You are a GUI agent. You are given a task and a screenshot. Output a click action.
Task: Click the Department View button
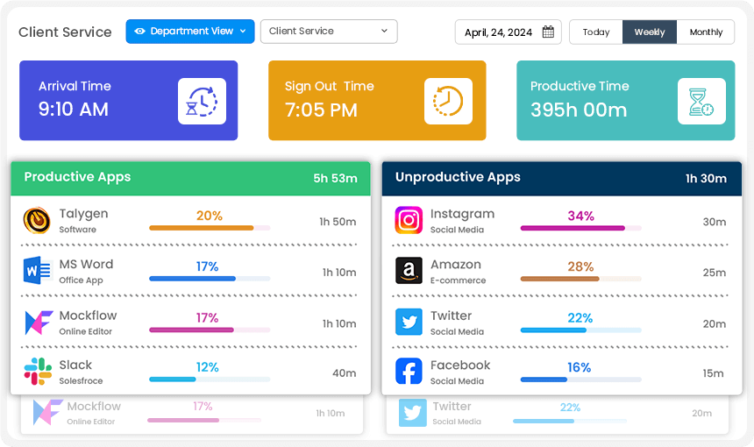coord(190,32)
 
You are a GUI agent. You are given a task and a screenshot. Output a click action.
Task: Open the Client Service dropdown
coord(329,32)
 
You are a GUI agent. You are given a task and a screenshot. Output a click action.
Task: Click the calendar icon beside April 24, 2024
coord(548,32)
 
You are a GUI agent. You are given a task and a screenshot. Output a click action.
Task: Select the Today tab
coord(596,32)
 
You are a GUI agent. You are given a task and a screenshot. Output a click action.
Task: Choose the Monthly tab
coord(706,32)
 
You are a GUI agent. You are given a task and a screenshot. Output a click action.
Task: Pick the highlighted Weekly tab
coord(650,32)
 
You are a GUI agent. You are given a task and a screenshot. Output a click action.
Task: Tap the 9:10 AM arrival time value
coord(74,110)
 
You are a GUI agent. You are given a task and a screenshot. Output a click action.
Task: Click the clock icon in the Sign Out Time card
coord(448,101)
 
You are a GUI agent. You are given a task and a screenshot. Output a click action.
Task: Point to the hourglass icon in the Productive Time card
coord(701,101)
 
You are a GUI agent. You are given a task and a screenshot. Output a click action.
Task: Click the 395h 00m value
coord(579,110)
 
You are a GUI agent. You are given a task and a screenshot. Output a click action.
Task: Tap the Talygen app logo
coord(37,221)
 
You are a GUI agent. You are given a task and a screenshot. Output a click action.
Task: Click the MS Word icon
coord(37,271)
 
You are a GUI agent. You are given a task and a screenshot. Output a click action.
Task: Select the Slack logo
coord(37,372)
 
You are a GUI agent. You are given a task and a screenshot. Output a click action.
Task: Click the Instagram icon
coord(409,221)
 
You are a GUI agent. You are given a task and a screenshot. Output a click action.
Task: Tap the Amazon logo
coord(409,271)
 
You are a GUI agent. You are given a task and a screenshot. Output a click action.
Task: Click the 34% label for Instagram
coord(580,216)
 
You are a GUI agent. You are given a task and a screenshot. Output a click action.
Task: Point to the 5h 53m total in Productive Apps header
coord(335,179)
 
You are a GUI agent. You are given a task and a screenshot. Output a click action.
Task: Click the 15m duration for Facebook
coord(714,373)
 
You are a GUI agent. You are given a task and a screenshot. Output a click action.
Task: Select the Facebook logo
coord(409,372)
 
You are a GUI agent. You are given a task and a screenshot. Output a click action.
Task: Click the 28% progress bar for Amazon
coord(559,280)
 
